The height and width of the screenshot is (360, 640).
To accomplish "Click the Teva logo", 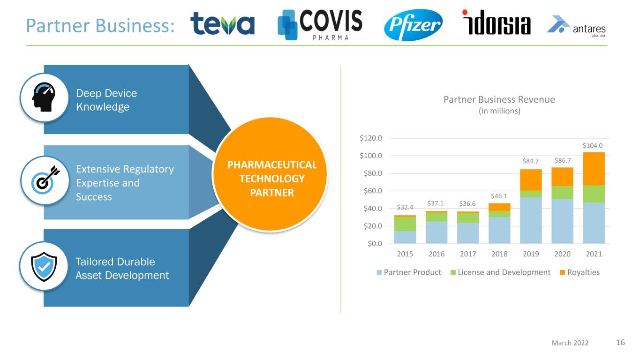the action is click(222, 24).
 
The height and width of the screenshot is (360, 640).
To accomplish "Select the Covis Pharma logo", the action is click(320, 25).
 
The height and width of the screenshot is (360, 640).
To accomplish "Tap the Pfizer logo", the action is click(413, 25).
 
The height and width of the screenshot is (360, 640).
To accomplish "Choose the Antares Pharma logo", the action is click(576, 27).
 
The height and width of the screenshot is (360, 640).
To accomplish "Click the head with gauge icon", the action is click(44, 97).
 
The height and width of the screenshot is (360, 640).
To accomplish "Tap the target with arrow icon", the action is click(45, 180).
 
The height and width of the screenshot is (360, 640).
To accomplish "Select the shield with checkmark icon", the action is click(44, 267).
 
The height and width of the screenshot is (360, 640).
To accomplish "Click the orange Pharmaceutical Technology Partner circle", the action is click(270, 174).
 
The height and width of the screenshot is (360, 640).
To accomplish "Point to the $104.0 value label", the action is click(593, 145).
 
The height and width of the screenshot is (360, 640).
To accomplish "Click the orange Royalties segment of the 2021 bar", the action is click(594, 169).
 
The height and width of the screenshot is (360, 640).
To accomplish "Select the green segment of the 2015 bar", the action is click(405, 224).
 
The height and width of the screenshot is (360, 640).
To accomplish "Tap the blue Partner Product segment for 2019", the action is click(531, 220).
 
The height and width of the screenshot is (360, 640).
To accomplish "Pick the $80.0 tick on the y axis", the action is click(373, 173).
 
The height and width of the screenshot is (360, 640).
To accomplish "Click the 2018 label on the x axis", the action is click(499, 254).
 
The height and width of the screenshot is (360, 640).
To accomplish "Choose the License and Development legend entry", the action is click(500, 272).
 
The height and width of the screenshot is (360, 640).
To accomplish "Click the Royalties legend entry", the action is click(580, 272).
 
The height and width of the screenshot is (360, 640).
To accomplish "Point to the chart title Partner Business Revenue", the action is click(499, 99).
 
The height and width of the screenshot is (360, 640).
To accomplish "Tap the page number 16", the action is click(620, 342).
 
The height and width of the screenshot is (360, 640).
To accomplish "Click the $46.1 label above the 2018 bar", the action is click(499, 196).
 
